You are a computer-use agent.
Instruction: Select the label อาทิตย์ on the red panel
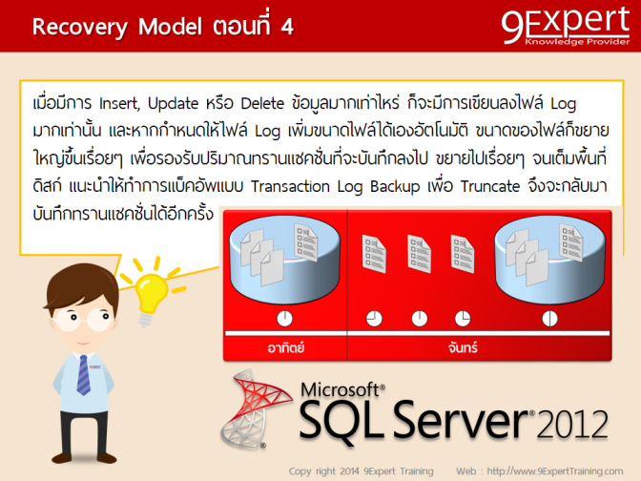click(285, 347)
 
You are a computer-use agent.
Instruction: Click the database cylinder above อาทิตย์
click(283, 252)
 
